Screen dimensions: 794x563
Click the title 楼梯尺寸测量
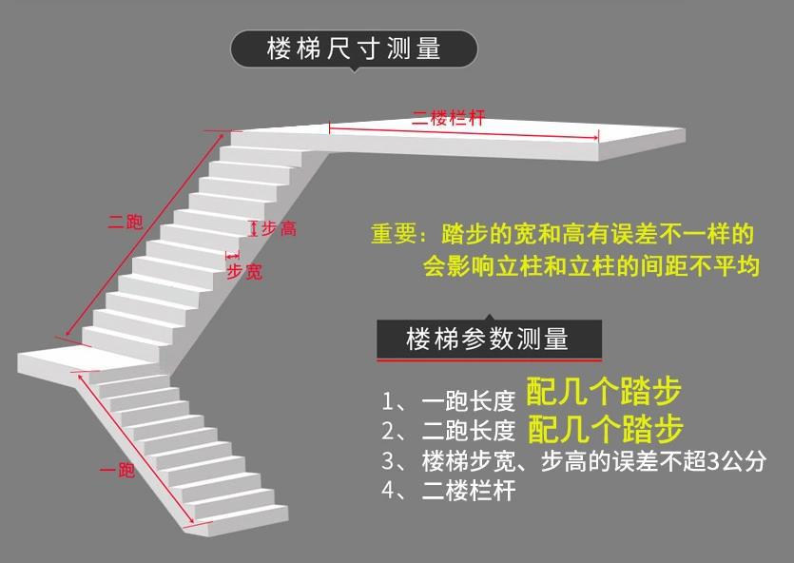(354, 49)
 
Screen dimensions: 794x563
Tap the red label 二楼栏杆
(449, 119)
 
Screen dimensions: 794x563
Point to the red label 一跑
(118, 470)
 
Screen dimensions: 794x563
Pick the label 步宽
(243, 272)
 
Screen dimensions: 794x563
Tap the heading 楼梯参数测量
(487, 339)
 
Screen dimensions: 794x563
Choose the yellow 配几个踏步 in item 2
(604, 429)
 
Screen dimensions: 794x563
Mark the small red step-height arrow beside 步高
(253, 228)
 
